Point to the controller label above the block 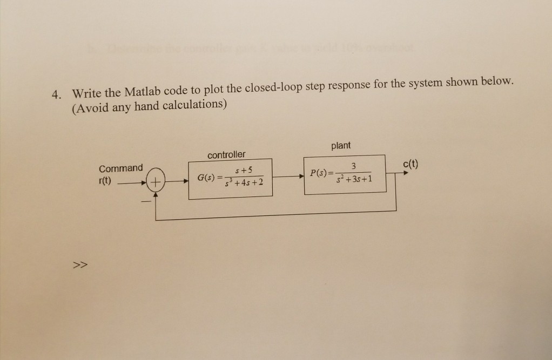coord(226,155)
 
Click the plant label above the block coord(341,146)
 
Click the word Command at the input coord(121,168)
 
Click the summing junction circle coord(156,184)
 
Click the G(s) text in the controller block coord(206,178)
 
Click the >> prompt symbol coord(80,265)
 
